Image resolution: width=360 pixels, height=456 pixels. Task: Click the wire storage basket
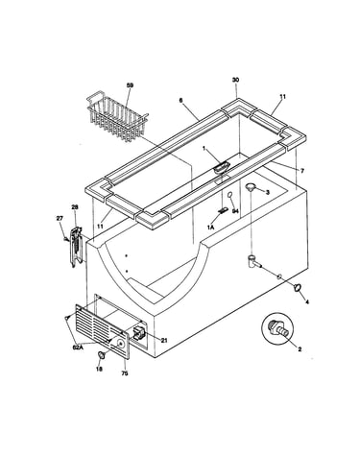coord(117,117)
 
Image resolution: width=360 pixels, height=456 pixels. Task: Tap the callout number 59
coord(130,85)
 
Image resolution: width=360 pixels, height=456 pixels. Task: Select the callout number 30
coord(235,80)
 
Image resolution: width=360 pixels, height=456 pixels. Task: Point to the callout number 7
coord(302,171)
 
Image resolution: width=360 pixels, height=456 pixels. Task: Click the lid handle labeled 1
coord(222,167)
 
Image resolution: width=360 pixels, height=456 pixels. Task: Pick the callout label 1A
coord(210,227)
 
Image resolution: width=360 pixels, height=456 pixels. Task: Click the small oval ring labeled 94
coord(229,195)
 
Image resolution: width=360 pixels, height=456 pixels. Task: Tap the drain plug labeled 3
coord(251,187)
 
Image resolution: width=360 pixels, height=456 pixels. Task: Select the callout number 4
coord(307,301)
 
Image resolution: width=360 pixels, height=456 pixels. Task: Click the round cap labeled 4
coord(298,287)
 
